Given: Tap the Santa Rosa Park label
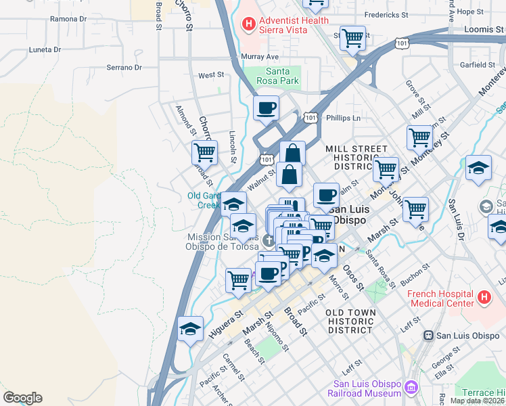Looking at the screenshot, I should pos(273,76).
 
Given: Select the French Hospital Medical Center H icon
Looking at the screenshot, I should pos(484,297).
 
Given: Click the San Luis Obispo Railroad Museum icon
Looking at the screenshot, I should pos(411,388).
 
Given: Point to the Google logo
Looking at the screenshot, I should pos(22,398).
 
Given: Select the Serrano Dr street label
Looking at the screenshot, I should pos(124,68).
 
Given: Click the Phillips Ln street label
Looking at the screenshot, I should pos(343,118).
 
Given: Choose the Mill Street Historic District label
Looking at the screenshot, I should pos(356,158).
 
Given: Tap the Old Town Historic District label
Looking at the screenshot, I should pos(350,321).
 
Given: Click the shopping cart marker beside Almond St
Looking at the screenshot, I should pos(204,152).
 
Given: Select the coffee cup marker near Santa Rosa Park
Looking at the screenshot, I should pos(266,107).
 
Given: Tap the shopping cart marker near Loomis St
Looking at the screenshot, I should pos(352,38).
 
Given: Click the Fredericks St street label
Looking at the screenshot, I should pos(386,14).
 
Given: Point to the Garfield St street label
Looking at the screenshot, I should pos(478,65).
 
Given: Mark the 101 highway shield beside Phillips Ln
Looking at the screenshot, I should pos(310,118).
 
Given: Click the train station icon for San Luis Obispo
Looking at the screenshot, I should pos(428,336).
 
